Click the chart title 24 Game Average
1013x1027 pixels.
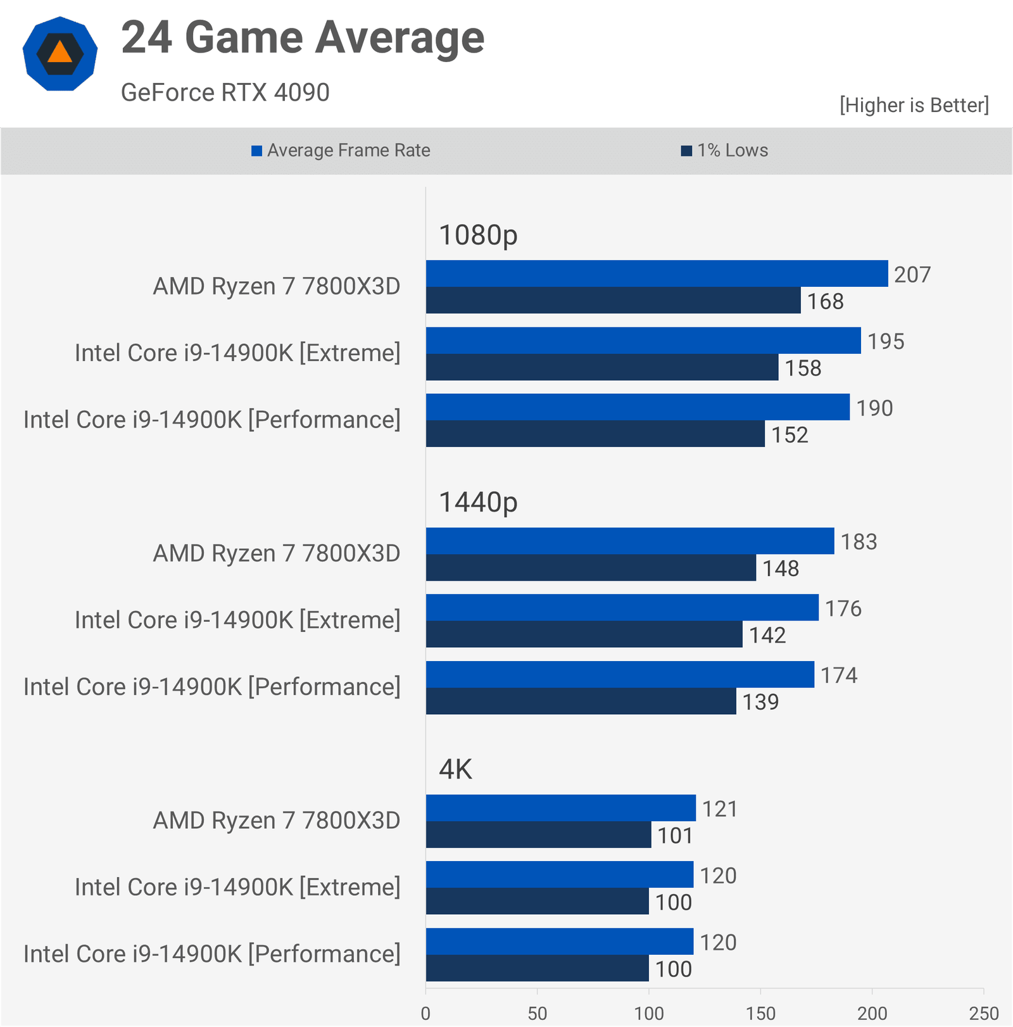(x=303, y=38)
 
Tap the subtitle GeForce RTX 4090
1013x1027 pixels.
(x=225, y=92)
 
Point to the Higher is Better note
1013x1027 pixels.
(x=914, y=105)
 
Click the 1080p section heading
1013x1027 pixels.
(x=478, y=235)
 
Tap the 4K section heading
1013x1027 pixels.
(x=455, y=769)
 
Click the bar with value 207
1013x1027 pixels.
(x=656, y=274)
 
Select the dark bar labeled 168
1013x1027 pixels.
(x=613, y=301)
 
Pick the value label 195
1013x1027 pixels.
(x=885, y=342)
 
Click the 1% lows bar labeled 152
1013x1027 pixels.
(x=595, y=434)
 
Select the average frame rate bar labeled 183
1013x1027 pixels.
(x=629, y=541)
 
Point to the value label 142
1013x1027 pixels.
(x=767, y=635)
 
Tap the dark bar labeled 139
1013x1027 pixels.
(x=581, y=702)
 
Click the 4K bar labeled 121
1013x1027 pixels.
(x=560, y=809)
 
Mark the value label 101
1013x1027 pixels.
(x=675, y=836)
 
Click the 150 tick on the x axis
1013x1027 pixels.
(x=760, y=1013)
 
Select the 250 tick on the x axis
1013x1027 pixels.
(x=983, y=1013)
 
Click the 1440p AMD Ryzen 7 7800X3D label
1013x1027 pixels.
(x=276, y=553)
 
